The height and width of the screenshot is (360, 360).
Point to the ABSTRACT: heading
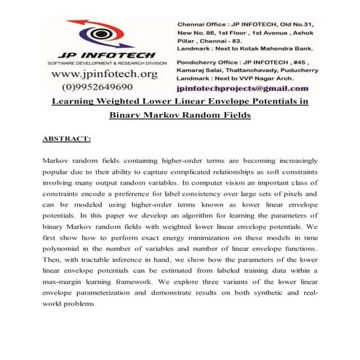point(67,137)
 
